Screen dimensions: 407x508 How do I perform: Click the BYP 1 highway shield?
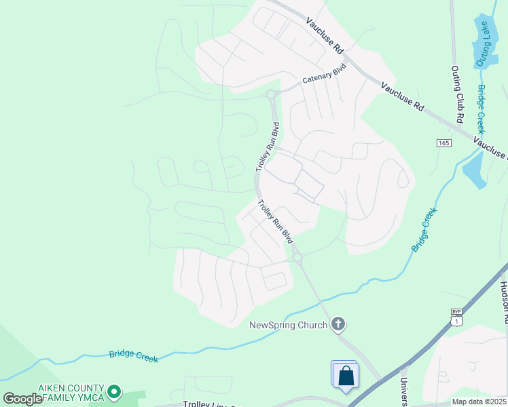click(456, 315)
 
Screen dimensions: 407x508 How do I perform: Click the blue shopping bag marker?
click(346, 375)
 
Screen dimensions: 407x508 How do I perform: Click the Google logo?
click(22, 399)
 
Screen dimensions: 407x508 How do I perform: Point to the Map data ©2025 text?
click(479, 402)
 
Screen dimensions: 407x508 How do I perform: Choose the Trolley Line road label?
click(211, 404)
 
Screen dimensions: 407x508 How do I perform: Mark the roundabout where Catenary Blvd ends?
click(271, 94)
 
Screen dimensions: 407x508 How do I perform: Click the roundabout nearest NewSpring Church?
click(297, 257)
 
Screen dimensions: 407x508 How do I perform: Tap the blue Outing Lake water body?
click(484, 34)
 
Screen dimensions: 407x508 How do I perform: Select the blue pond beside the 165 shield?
click(473, 170)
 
